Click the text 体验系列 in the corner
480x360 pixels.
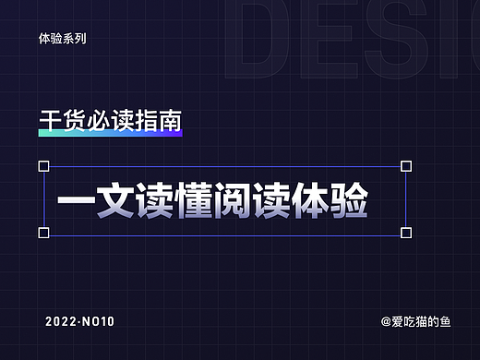64,41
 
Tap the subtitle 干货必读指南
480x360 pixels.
110,121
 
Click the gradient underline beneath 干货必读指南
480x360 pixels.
110,134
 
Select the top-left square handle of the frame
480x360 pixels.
43,166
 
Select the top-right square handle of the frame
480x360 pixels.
406,166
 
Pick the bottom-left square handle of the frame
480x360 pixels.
43,233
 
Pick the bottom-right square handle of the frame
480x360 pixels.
406,233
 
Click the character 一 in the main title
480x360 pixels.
74,201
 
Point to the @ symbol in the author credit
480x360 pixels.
386,322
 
